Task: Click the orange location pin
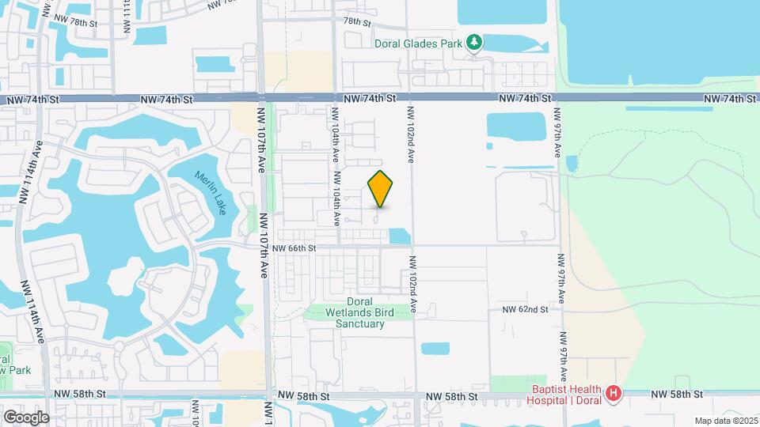pos(380,189)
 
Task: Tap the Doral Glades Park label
pos(417,43)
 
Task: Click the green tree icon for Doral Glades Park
pos(473,41)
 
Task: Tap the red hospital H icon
pos(612,392)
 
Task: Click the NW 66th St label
pos(294,248)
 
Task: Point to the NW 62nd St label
pos(525,310)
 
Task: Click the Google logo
pos(25,417)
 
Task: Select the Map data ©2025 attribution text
pos(725,421)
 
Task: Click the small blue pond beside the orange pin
pos(400,236)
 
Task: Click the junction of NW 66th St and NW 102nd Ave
pos(412,246)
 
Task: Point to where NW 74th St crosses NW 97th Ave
pos(557,98)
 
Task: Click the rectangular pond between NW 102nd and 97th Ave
pos(516,126)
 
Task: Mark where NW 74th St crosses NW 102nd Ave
pos(410,98)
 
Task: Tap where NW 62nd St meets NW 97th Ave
pos(561,310)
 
